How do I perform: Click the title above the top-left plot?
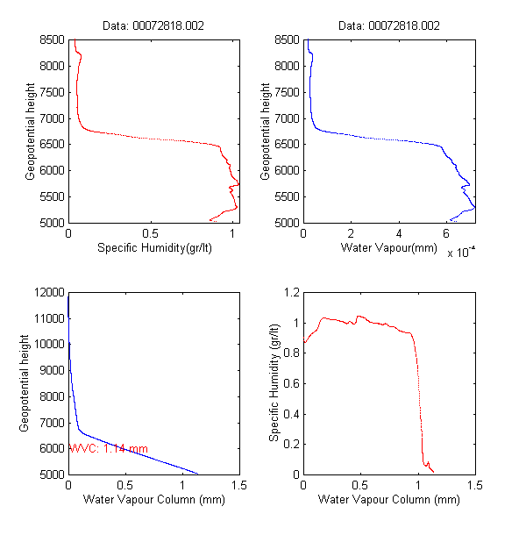coord(153,26)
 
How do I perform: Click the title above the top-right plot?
coord(387,26)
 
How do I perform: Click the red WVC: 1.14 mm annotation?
coord(109,449)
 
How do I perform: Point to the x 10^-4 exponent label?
coord(461,253)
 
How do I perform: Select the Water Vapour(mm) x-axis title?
coord(387,249)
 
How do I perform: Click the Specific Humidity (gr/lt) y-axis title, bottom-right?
coord(274,382)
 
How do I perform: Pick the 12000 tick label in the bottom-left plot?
coord(50,291)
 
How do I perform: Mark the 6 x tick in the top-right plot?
coord(446,234)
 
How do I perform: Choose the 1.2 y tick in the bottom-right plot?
coord(288,291)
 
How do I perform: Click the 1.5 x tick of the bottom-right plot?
coord(474,485)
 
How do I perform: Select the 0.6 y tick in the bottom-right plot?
coord(288,382)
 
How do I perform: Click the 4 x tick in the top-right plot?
coord(399,234)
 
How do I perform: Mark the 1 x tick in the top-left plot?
coord(232,234)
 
